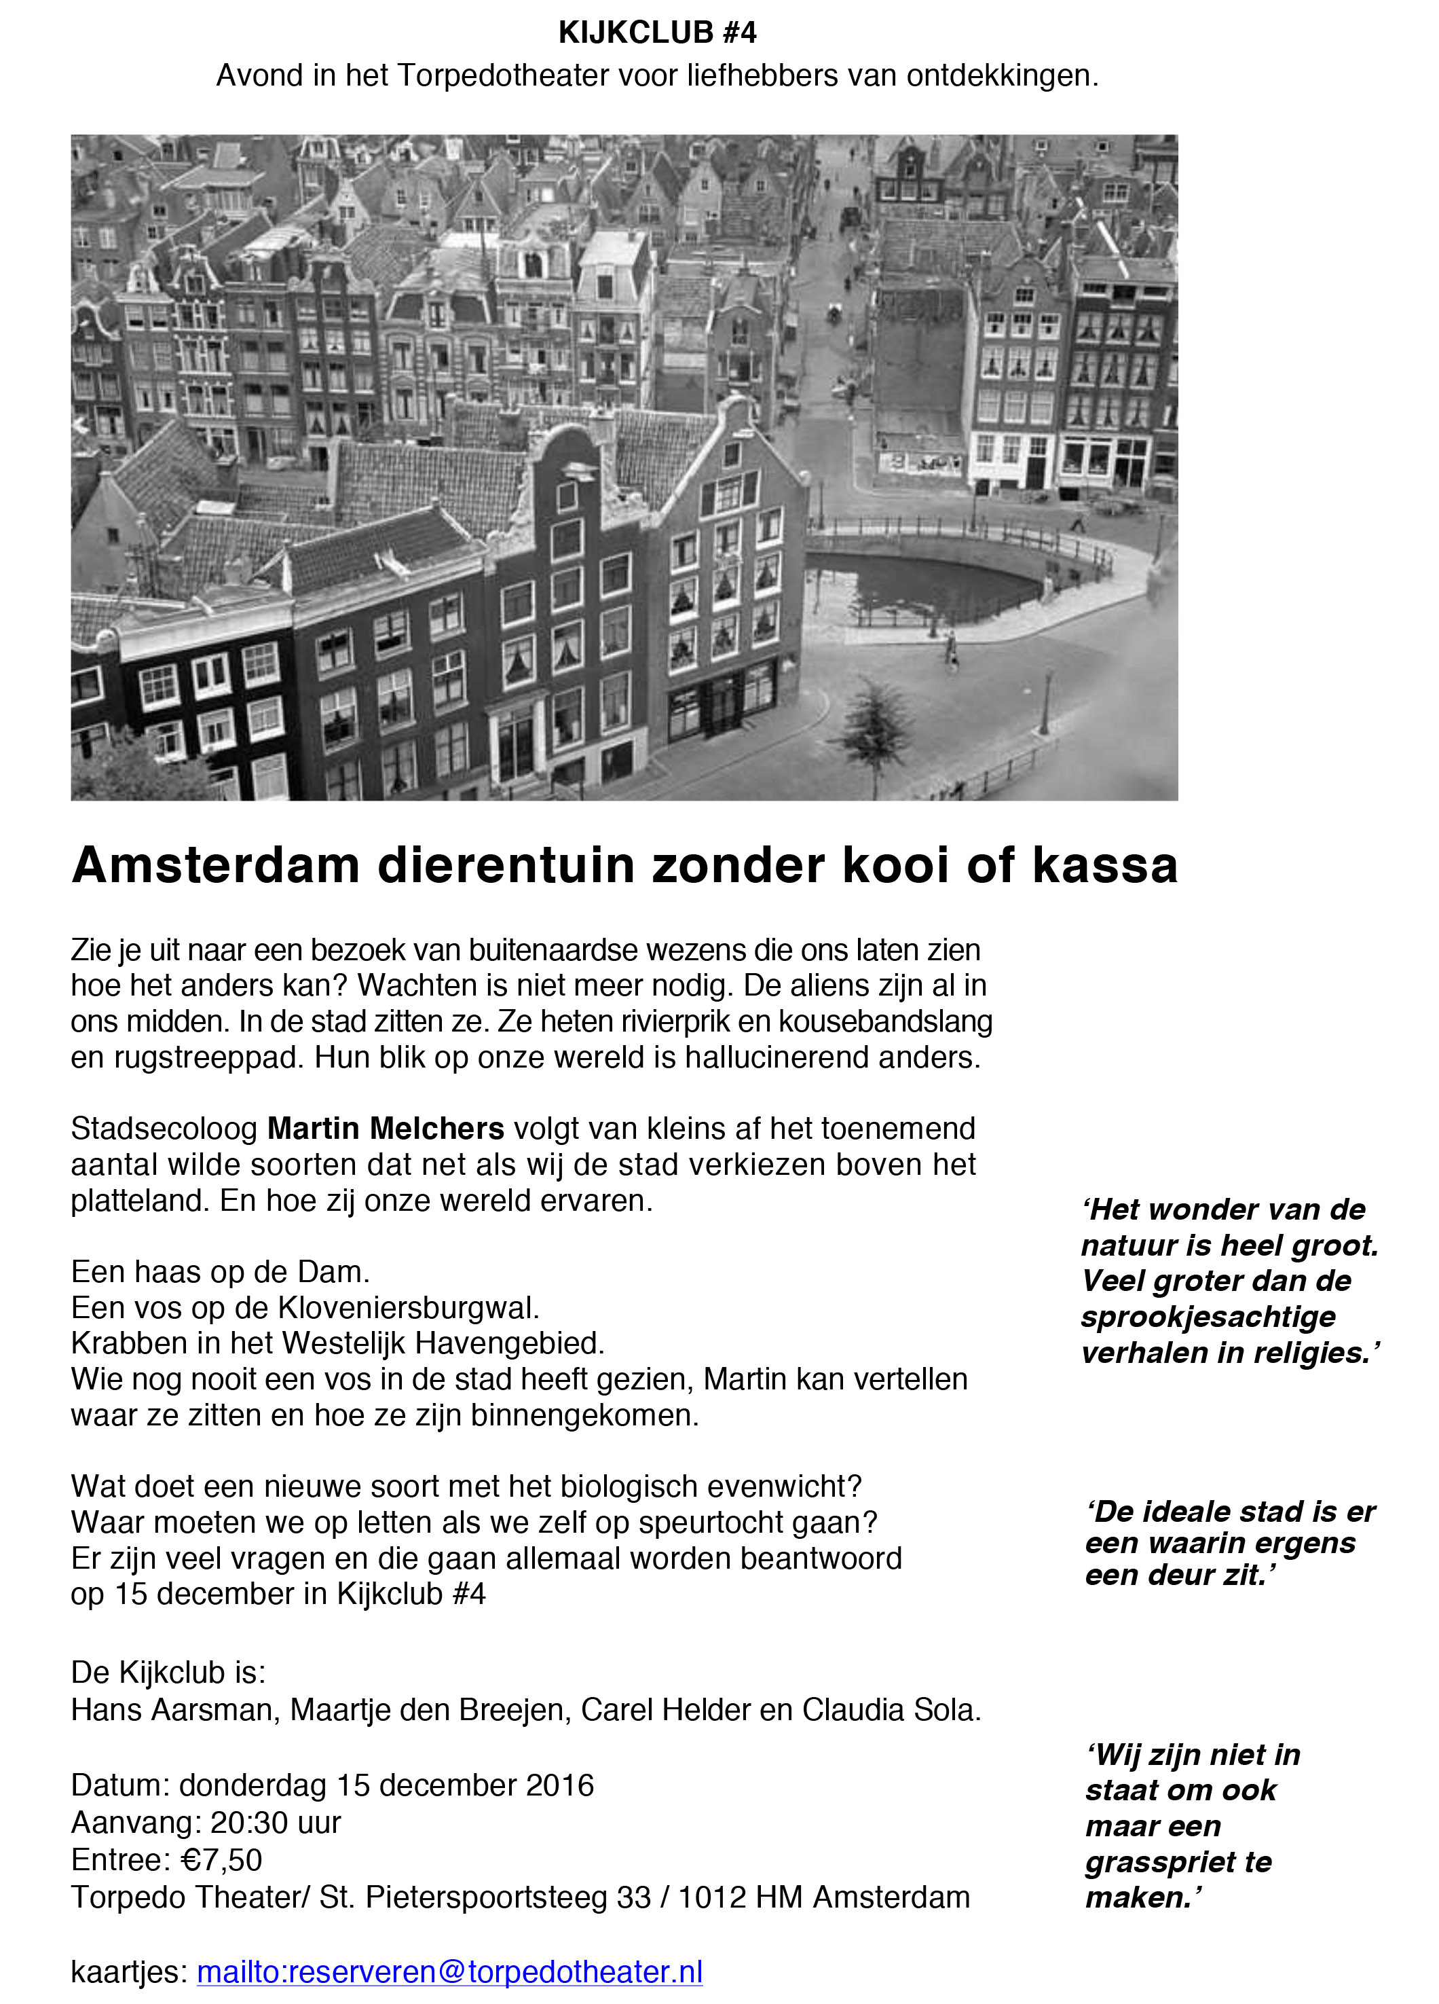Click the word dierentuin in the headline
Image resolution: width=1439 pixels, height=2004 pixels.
[507, 865]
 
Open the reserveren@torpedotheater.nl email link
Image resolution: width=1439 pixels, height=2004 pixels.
[449, 1971]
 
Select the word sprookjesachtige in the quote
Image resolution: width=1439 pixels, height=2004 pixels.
[1208, 1317]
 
